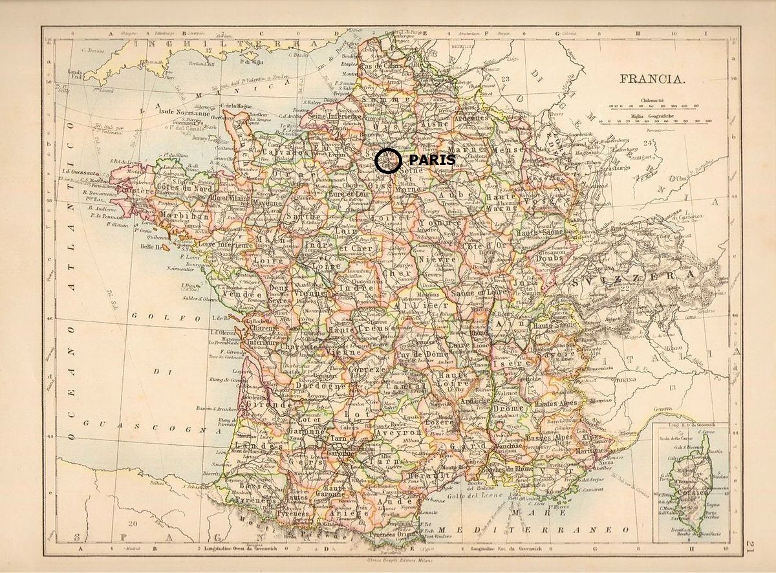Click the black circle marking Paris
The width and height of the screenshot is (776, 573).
click(388, 160)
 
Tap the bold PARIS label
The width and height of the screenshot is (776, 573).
click(432, 159)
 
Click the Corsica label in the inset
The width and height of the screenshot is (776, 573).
click(685, 492)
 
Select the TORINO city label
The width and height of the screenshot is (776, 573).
click(627, 374)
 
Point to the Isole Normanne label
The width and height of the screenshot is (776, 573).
click(184, 112)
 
